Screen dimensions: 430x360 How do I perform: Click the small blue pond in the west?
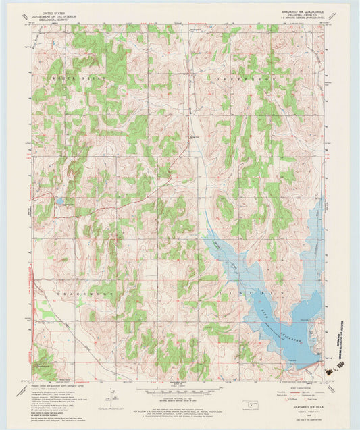point(60,201)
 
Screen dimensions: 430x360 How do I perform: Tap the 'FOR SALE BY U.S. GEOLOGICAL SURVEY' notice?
point(180,410)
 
